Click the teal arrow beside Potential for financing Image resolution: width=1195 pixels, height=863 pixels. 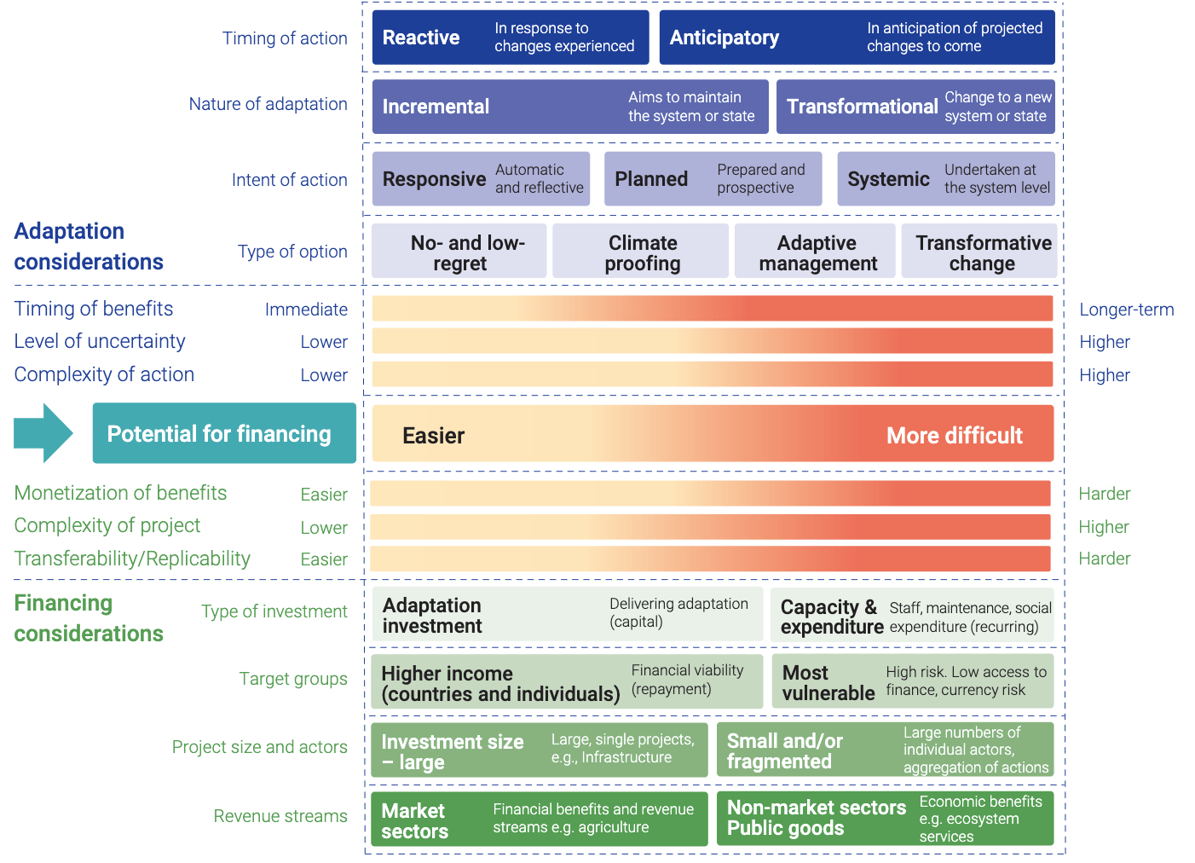pos(43,433)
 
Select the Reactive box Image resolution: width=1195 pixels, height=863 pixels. pos(510,38)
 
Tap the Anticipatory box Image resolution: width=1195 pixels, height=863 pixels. pos(857,38)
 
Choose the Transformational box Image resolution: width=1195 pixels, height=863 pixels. pos(915,107)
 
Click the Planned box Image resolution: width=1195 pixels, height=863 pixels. pos(713,179)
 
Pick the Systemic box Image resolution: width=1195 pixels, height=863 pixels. pos(945,179)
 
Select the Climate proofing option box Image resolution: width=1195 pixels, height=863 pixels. pos(641,252)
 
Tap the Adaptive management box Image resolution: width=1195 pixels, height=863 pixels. pos(816,252)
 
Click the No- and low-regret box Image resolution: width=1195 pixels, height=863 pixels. pos(459,252)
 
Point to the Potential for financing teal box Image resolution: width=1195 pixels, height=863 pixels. pos(224,433)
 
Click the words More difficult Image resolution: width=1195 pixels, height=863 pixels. pos(954,436)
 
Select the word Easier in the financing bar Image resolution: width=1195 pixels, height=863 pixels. pos(433,436)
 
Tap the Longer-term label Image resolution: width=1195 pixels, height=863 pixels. pos(1126,310)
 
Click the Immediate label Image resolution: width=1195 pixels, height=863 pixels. pos(306,310)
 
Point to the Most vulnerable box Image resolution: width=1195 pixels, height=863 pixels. pos(912,681)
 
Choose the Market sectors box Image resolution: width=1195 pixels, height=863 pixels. pos(539,819)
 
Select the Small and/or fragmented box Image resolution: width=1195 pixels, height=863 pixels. pos(885,750)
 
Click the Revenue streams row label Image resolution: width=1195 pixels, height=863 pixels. pos(280,816)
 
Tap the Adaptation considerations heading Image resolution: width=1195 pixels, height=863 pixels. pos(89,246)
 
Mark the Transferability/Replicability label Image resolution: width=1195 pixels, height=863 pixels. pos(132,559)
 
